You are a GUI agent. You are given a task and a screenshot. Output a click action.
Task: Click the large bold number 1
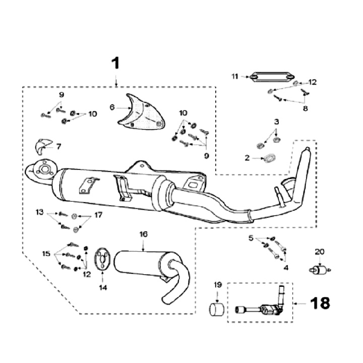(x=115, y=64)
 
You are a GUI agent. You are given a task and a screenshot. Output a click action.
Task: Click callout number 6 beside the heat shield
(x=112, y=107)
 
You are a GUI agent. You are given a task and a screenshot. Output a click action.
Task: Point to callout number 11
(x=234, y=77)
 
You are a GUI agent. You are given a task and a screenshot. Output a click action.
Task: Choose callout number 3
(x=276, y=122)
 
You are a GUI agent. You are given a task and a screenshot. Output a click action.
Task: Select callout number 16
(x=144, y=234)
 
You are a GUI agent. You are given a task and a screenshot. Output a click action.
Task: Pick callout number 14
(x=103, y=288)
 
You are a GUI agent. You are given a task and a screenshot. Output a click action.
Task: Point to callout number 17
(x=98, y=215)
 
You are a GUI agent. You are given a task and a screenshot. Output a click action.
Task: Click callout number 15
(x=47, y=254)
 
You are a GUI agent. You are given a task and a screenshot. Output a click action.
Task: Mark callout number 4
(x=285, y=268)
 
